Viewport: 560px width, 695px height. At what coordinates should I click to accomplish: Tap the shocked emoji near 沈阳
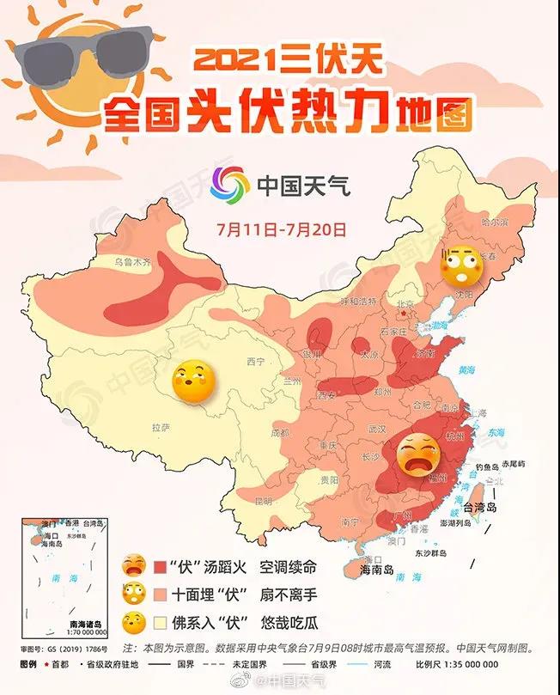pos(459,265)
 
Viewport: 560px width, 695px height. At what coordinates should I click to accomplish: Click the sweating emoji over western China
pos(192,382)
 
